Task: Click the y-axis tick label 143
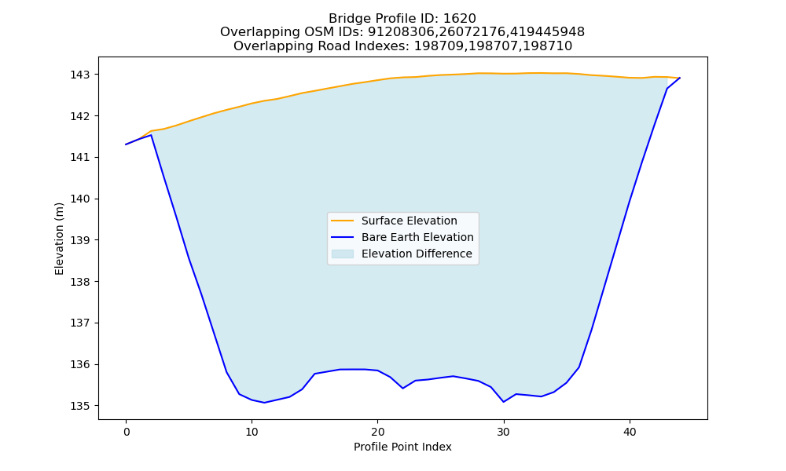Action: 80,75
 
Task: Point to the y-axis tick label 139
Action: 80,240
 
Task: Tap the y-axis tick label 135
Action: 80,406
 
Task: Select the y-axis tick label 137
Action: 80,323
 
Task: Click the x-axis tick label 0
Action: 127,432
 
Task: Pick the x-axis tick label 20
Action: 378,432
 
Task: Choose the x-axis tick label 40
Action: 630,432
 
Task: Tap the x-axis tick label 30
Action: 504,432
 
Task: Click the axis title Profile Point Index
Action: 402,447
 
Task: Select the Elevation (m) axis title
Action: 59,239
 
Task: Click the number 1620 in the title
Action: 460,19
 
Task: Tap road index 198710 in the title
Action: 548,46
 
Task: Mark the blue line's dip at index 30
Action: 504,402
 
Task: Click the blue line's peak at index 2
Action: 151,135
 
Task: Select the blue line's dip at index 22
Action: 403,388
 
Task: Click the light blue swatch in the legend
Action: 343,254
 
